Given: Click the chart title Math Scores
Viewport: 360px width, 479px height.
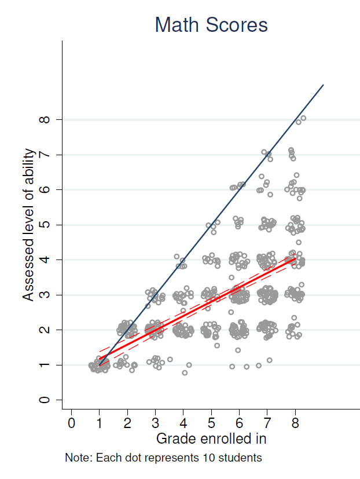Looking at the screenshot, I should (x=211, y=25).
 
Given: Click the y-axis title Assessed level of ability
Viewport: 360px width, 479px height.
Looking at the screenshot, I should (x=29, y=225).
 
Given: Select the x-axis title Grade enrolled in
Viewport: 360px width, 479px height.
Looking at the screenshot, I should (x=211, y=438).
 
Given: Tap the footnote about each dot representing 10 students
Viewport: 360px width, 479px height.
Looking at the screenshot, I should (x=163, y=458).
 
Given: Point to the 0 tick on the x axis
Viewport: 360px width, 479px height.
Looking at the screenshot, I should (x=71, y=423).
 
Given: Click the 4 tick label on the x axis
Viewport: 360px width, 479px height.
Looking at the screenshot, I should (x=183, y=423).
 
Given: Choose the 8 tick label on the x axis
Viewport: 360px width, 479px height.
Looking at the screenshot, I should (x=296, y=423).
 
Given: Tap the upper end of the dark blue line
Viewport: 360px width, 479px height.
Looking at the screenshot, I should (x=323, y=85).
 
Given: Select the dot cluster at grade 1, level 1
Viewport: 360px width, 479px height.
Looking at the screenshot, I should (x=100, y=365).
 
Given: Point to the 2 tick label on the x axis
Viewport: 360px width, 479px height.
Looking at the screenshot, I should (x=127, y=423).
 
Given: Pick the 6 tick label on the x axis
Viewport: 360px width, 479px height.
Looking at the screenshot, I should (x=240, y=423).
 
